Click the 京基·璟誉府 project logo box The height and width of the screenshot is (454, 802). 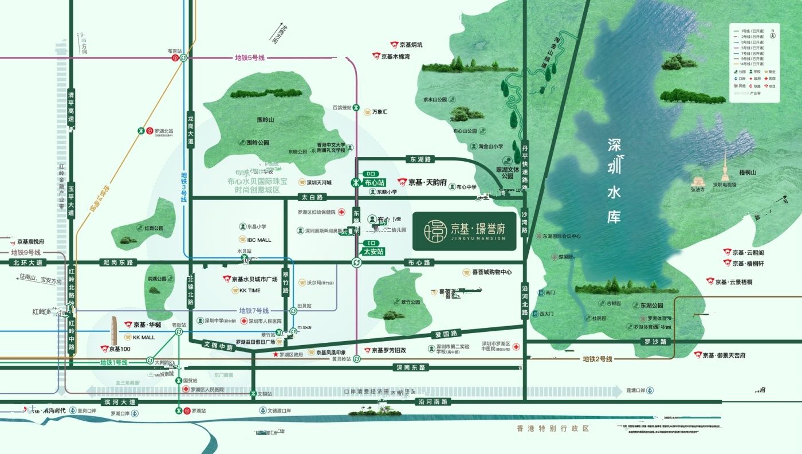tap(464, 231)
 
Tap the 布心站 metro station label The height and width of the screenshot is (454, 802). tap(372, 183)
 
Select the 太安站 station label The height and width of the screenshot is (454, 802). tap(374, 251)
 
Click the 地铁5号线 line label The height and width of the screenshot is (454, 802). tap(249, 58)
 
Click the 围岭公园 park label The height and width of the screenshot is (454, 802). tap(257, 142)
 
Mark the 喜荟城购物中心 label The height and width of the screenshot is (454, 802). tap(487, 272)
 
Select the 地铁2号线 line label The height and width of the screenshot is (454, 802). tap(597, 359)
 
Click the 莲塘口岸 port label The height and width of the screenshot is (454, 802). tap(636, 390)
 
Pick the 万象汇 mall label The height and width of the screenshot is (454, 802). tap(379, 112)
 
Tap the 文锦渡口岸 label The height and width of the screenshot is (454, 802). tap(280, 411)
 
